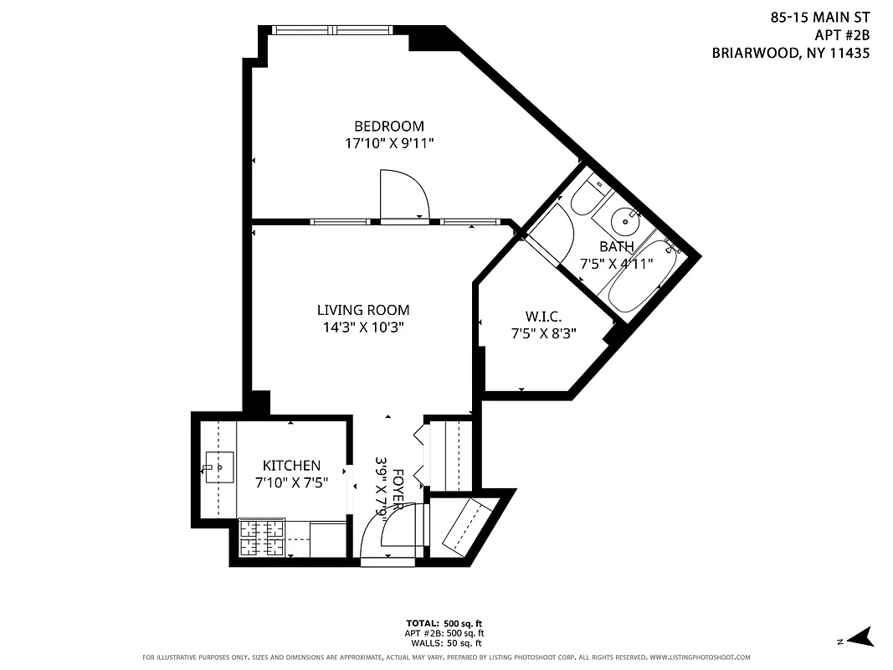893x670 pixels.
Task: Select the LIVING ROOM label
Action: tap(363, 311)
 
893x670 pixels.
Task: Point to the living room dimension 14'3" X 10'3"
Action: tap(363, 327)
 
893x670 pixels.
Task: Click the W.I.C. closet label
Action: tap(542, 317)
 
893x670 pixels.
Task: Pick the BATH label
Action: tap(616, 246)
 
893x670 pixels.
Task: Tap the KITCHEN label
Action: tap(291, 466)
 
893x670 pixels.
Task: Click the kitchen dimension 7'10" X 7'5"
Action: tap(291, 482)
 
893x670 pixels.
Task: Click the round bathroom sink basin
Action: tap(624, 222)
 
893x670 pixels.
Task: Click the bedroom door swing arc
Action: tap(405, 193)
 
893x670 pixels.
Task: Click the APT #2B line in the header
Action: tap(842, 34)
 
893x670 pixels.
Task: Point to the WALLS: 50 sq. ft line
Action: tap(444, 643)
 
